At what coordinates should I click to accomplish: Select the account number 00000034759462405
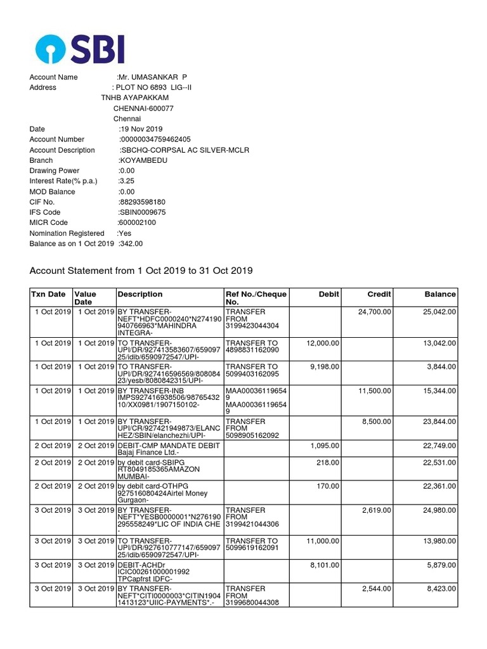[x=156, y=139]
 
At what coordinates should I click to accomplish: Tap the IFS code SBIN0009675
[x=143, y=212]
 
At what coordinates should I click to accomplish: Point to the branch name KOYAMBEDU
[x=143, y=160]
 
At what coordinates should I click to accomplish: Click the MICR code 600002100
[x=138, y=222]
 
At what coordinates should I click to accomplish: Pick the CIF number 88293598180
[x=143, y=202]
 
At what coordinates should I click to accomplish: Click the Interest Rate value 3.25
[x=127, y=181]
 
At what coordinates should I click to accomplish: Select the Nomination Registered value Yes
[x=125, y=233]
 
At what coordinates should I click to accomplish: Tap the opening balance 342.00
[x=131, y=243]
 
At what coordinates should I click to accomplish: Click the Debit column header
[x=329, y=294]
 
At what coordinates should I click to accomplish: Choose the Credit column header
[x=379, y=294]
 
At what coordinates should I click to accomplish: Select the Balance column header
[x=440, y=294]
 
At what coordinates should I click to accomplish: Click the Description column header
[x=140, y=294]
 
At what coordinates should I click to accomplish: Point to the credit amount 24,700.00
[x=375, y=312]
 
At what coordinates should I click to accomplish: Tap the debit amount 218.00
[x=328, y=463]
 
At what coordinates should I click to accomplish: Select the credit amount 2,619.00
[x=377, y=510]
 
